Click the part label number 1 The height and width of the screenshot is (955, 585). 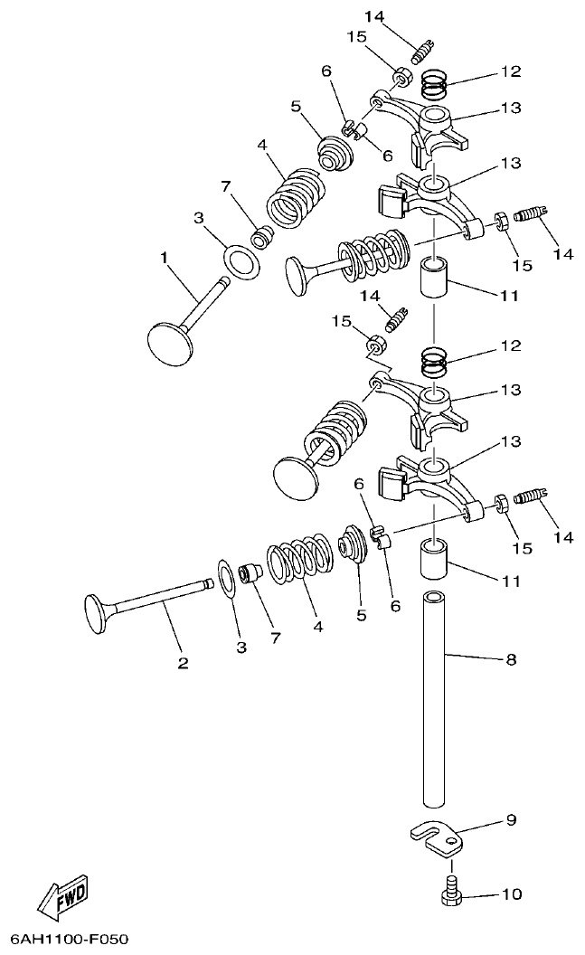[165, 258]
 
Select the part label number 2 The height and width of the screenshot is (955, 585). [183, 663]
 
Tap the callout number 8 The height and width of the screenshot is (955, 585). [511, 660]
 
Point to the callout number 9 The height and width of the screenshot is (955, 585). [511, 820]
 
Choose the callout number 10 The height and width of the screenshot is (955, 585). [511, 894]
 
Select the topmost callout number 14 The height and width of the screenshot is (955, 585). [374, 16]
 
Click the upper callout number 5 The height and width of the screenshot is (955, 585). [295, 106]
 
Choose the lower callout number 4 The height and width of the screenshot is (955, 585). [316, 624]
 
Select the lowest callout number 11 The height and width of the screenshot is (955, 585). [511, 582]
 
